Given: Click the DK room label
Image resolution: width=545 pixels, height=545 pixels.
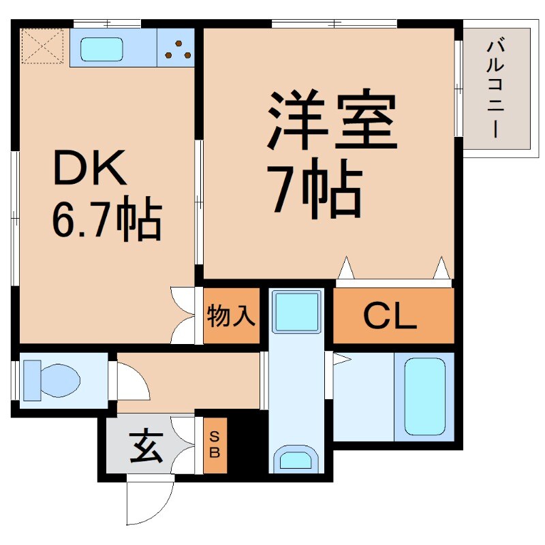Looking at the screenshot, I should point(90,168).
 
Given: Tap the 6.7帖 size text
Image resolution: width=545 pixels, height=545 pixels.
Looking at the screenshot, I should point(106,218).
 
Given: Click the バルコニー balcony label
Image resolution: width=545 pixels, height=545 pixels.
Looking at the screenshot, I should point(495,89).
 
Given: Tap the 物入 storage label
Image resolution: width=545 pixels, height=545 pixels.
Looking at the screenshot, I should point(232,316).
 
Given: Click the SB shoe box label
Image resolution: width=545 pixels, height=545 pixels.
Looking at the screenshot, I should point(215,443).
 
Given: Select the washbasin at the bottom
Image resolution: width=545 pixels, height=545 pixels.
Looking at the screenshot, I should point(296,459).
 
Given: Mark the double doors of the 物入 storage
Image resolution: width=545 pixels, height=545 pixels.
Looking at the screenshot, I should point(183,315).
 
